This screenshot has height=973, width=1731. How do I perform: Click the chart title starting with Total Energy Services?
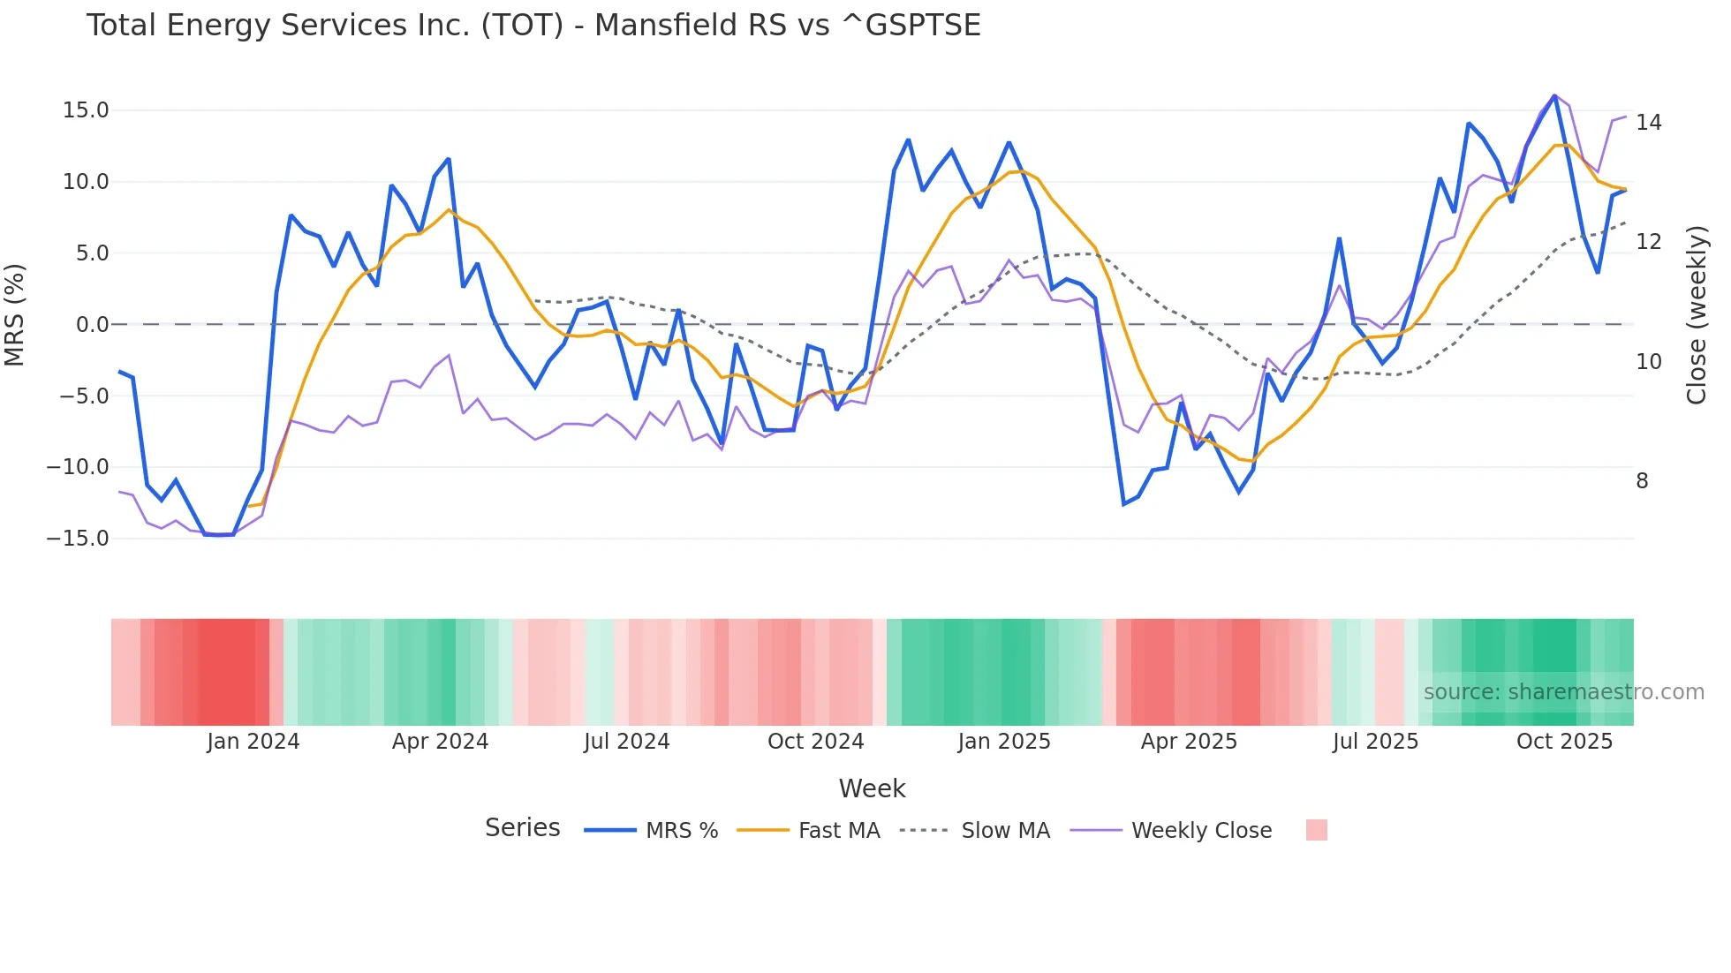(533, 26)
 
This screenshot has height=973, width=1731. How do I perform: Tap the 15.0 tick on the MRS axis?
(86, 110)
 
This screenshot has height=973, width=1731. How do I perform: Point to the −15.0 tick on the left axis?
(79, 539)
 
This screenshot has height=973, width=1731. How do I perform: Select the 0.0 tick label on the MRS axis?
(93, 325)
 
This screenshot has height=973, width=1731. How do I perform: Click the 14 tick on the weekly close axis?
(1648, 123)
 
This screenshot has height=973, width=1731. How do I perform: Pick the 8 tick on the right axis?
(1642, 481)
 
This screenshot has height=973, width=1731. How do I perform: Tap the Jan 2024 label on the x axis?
(253, 742)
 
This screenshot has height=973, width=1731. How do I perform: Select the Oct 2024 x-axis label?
(815, 742)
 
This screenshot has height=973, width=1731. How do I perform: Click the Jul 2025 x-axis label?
(1375, 742)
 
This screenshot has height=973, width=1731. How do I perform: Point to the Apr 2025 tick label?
(1189, 742)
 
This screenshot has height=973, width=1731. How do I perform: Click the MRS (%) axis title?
(15, 314)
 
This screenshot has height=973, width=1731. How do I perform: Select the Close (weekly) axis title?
(1697, 315)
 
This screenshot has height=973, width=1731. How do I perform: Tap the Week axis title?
(872, 788)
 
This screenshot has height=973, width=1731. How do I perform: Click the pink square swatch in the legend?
(1316, 830)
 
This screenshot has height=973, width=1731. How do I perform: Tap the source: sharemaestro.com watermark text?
(1563, 692)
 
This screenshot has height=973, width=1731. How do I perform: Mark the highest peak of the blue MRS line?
(1554, 96)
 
